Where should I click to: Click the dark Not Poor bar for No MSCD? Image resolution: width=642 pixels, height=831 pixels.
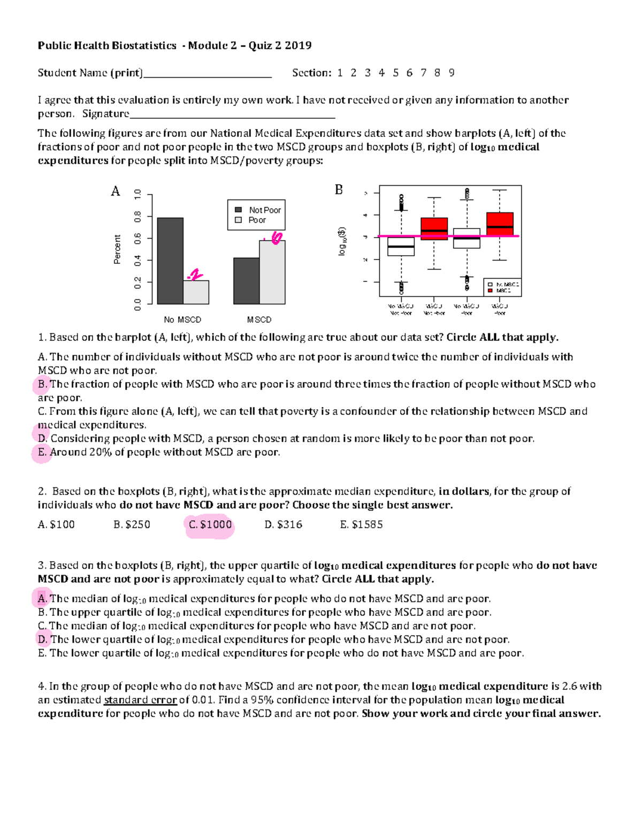(170, 261)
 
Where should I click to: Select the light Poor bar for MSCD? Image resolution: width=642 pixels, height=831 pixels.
(272, 272)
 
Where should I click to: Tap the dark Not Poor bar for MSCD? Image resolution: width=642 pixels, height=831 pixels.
(247, 281)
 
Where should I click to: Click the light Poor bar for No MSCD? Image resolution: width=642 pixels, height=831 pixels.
(196, 292)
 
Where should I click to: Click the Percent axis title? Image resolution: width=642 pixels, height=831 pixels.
(117, 249)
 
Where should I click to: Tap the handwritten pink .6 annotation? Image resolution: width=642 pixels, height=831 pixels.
(274, 238)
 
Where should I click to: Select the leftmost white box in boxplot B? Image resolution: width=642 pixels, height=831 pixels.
(401, 246)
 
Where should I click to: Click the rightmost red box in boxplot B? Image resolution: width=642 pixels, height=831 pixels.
(500, 224)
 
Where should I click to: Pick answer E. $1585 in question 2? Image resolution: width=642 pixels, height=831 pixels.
(361, 525)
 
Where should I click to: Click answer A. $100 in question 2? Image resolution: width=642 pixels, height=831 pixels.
(56, 525)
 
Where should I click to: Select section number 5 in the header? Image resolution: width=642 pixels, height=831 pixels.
(395, 73)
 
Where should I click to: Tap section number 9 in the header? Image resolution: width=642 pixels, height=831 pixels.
(452, 73)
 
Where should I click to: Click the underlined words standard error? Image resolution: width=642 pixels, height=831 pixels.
(140, 700)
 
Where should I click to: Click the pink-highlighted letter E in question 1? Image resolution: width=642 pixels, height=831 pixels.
(42, 452)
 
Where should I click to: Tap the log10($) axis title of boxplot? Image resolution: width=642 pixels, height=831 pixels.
(342, 241)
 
